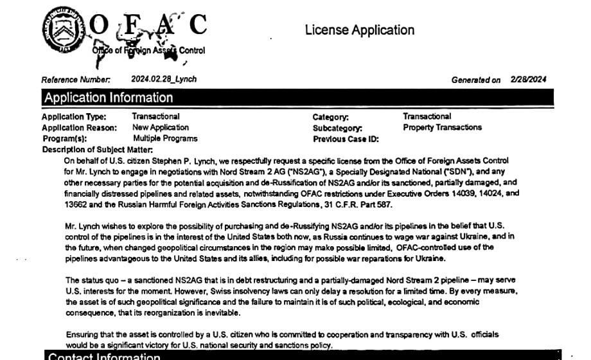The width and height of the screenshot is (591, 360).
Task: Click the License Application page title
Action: pyautogui.click(x=359, y=30)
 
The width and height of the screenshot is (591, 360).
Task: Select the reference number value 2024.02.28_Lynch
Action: pyautogui.click(x=164, y=79)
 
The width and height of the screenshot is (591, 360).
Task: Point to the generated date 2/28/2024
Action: pyautogui.click(x=529, y=80)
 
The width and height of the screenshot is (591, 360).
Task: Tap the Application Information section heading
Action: pyautogui.click(x=108, y=98)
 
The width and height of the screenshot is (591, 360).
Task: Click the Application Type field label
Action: pyautogui.click(x=74, y=117)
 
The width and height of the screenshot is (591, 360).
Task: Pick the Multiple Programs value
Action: pyautogui.click(x=165, y=138)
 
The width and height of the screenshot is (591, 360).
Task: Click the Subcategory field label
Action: pyautogui.click(x=337, y=128)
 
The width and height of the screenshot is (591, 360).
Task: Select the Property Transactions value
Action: pyautogui.click(x=442, y=127)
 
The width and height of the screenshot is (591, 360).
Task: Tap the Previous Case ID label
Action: pyautogui.click(x=346, y=139)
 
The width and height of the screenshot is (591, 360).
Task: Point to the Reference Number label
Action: pyautogui.click(x=76, y=80)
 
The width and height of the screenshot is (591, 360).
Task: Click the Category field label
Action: pyautogui.click(x=330, y=117)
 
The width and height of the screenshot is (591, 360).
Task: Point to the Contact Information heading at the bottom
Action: pyautogui.click(x=104, y=356)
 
